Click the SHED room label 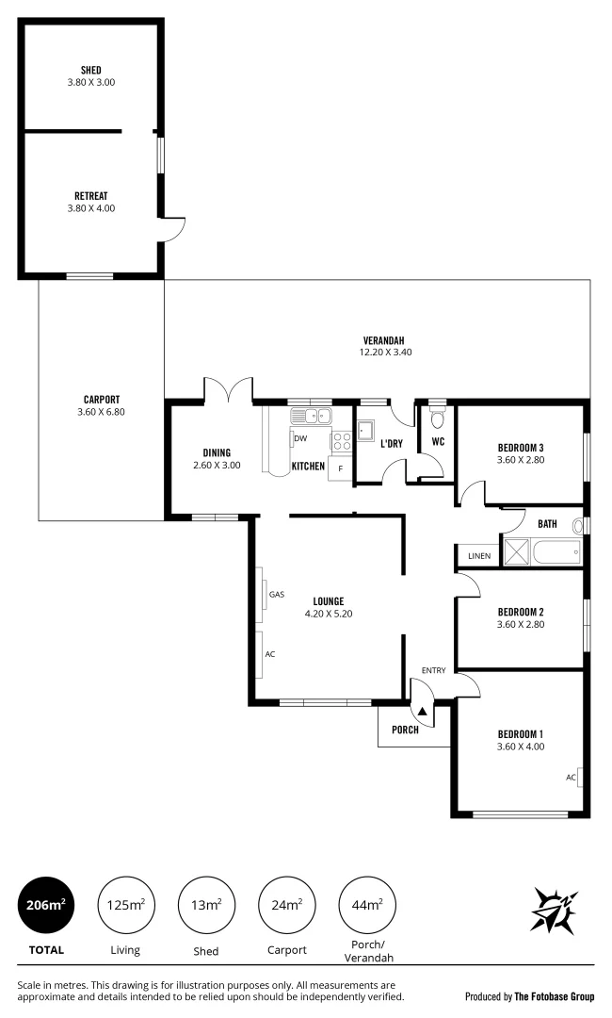pos(90,70)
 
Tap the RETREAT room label pos(90,196)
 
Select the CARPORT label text pos(101,399)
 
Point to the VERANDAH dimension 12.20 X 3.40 pos(384,352)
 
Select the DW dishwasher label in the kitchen pos(300,439)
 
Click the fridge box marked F pos(339,468)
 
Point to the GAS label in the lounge pos(277,595)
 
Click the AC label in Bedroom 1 pos(571,778)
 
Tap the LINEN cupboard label pos(478,556)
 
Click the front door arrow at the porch pos(423,712)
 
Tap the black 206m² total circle pos(46,905)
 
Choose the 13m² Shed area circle pos(206,905)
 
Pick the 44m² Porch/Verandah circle pos(366,905)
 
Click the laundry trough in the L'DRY pos(365,432)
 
